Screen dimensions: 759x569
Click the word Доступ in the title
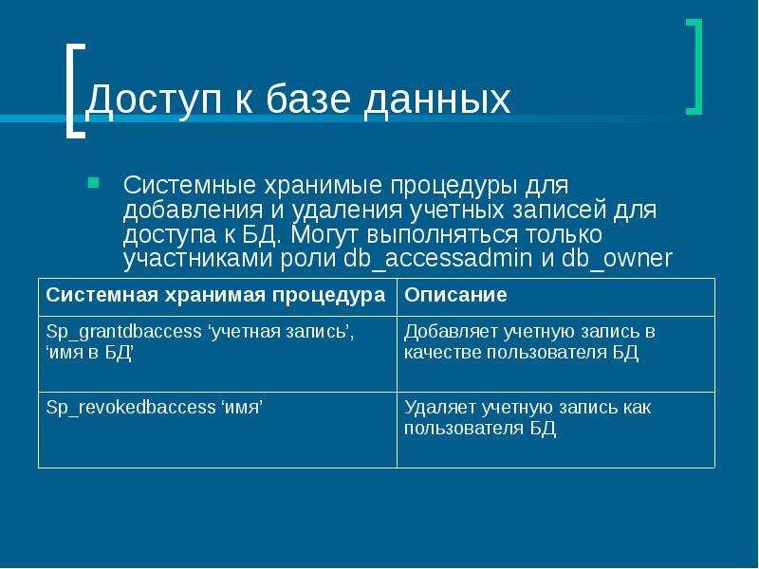coord(154,100)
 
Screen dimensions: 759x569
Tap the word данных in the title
coord(436,101)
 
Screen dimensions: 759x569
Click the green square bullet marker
coord(93,182)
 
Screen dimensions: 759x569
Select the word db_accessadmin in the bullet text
coord(437,258)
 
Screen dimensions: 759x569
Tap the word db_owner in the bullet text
coord(617,258)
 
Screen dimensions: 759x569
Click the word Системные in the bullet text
coord(189,185)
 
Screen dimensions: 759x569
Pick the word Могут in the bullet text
coord(324,234)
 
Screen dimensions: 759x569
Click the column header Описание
coord(455,295)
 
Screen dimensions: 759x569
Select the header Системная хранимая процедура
coord(215,295)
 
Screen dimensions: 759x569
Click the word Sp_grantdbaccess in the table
coord(123,332)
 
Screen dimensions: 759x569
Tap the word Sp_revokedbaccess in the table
coord(130,408)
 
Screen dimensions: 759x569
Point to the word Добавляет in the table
coord(451,332)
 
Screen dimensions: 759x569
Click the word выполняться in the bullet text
coord(442,234)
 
